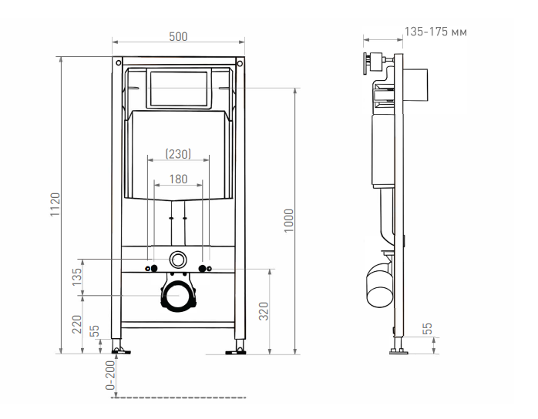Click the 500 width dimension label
point(178,37)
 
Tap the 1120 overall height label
point(55,205)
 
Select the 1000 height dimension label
point(289,221)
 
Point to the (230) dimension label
point(178,154)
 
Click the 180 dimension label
point(178,179)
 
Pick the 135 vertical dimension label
point(77,277)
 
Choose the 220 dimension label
point(77,324)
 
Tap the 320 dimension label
point(264,311)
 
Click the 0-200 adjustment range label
point(110,375)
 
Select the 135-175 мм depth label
point(435,32)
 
